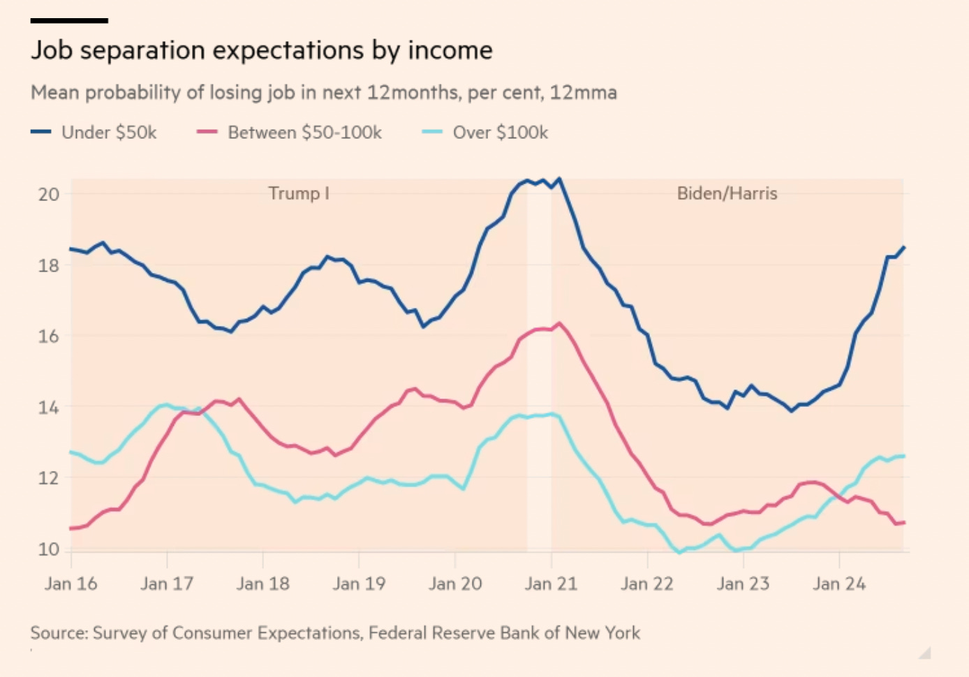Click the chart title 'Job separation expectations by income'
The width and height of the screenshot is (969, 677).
click(x=262, y=51)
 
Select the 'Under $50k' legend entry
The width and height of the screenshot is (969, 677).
click(x=108, y=133)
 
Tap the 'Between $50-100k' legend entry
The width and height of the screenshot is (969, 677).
click(x=304, y=133)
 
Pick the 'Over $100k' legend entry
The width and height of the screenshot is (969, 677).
click(x=500, y=133)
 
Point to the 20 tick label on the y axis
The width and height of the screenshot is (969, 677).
click(x=48, y=194)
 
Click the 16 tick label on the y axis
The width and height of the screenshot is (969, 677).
click(x=48, y=336)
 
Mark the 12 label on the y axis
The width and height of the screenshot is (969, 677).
click(x=48, y=479)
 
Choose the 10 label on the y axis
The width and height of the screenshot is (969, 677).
click(x=48, y=550)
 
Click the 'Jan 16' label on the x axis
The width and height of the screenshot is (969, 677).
click(x=71, y=584)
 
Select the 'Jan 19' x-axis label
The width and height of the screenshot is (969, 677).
click(x=359, y=584)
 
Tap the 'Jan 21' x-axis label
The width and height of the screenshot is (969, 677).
click(x=552, y=584)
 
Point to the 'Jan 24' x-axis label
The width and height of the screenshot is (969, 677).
click(x=839, y=584)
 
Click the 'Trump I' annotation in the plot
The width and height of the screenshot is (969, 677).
click(x=299, y=193)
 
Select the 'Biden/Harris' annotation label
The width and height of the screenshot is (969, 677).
click(x=727, y=193)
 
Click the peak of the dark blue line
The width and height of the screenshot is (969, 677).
click(x=559, y=179)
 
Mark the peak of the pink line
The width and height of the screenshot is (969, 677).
click(x=559, y=323)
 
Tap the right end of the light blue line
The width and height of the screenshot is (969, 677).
click(x=904, y=456)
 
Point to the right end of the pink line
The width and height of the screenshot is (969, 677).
click(x=904, y=522)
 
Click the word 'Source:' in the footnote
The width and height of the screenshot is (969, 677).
click(x=59, y=633)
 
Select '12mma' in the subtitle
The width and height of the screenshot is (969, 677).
click(x=583, y=93)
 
